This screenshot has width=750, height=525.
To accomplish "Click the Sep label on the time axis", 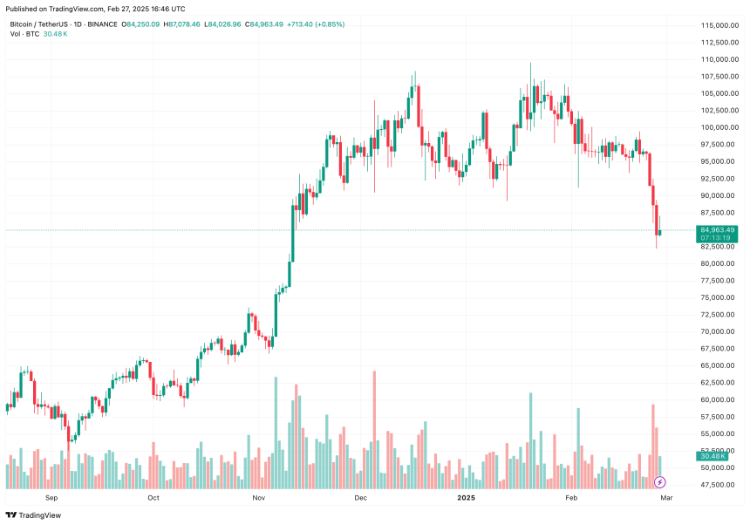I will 51,498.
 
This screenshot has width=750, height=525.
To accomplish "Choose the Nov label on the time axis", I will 258,498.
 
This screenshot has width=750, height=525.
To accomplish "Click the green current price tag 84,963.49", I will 717,230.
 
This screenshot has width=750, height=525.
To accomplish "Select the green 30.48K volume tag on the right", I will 712,456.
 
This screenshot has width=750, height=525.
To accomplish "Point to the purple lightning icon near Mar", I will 660,482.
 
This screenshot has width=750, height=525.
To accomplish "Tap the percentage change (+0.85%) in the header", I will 328,24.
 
